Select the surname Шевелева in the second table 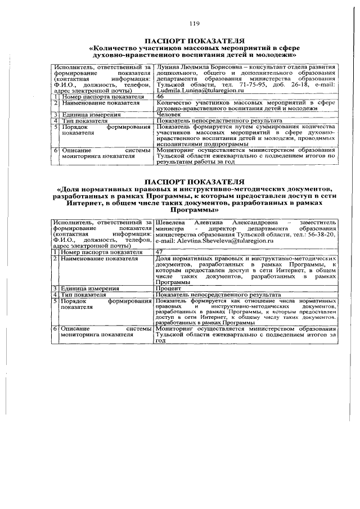171,222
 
